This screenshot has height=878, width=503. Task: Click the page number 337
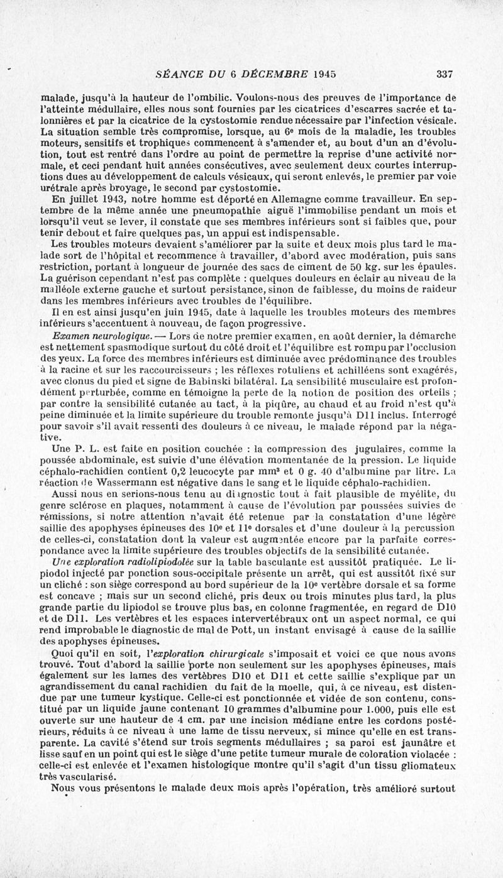tap(445, 74)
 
